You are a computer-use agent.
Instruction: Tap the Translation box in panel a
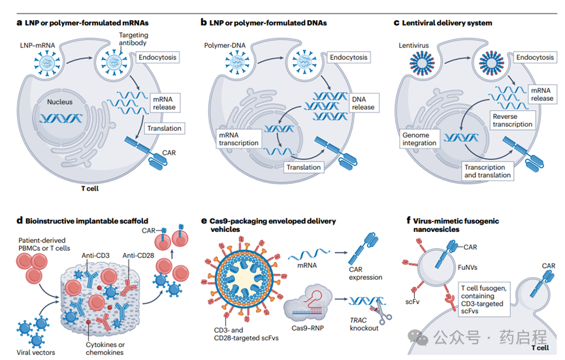pyautogui.click(x=164, y=129)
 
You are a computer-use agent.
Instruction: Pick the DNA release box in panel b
pyautogui.click(x=363, y=103)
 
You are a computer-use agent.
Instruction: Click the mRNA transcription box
pyautogui.click(x=238, y=139)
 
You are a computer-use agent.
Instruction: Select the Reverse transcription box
pyautogui.click(x=512, y=120)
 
